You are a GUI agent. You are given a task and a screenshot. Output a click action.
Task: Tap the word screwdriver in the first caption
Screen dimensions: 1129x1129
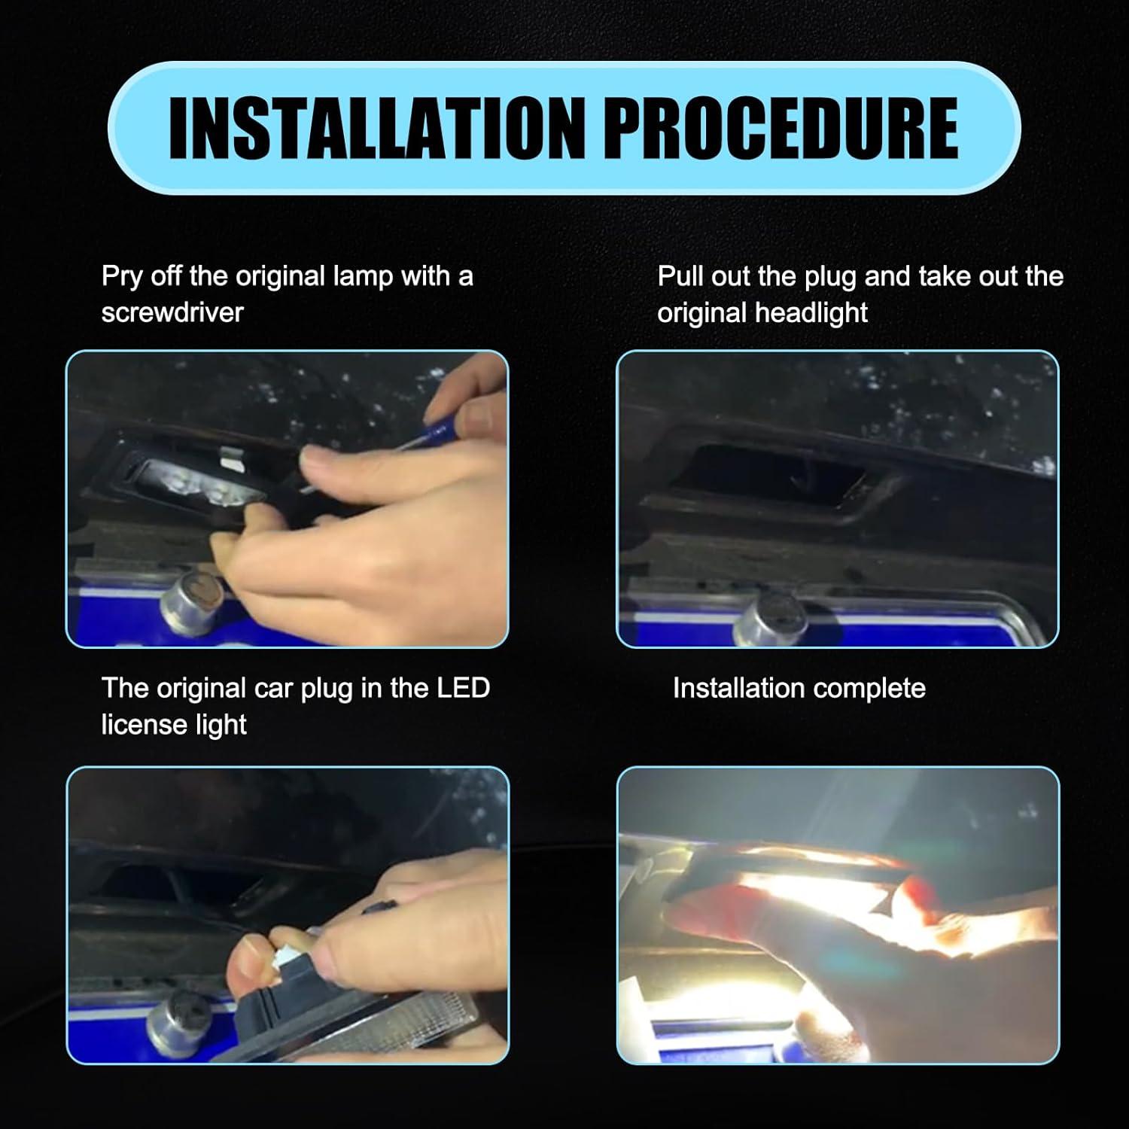[x=172, y=312]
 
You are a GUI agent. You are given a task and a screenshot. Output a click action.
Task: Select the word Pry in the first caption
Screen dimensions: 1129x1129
[x=122, y=277]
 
